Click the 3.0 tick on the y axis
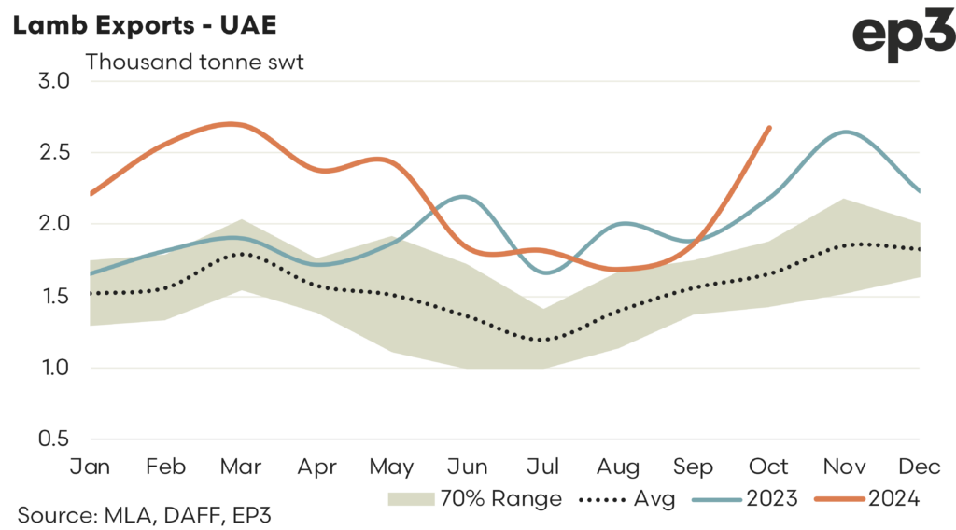tap(53, 81)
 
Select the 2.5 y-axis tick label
tap(53, 152)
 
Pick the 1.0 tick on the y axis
tap(53, 368)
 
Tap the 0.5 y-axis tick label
tap(53, 439)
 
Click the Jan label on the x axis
tap(91, 467)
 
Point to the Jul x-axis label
tap(543, 467)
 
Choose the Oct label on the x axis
tap(769, 467)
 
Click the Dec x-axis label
tap(919, 467)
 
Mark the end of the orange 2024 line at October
tap(769, 128)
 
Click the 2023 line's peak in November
tap(844, 132)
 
